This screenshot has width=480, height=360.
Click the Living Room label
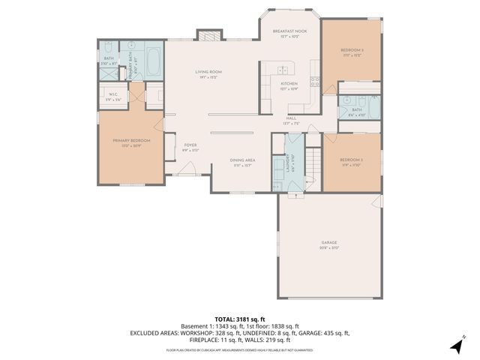(208, 72)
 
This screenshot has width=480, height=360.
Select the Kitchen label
(289, 84)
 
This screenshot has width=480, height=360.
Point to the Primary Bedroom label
(131, 141)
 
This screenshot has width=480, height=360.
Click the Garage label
(329, 243)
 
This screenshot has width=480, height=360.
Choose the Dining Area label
(241, 160)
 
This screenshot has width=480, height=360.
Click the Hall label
(291, 118)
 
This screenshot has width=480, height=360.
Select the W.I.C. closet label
(113, 94)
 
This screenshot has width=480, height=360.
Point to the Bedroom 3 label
(351, 50)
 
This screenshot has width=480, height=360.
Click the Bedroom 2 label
(351, 160)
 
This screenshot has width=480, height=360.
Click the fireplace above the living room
(209, 34)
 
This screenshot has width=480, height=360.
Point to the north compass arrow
(456, 345)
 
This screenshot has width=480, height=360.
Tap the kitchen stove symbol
(316, 82)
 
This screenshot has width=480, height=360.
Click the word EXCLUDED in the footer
(146, 332)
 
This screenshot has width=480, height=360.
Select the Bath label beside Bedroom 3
(356, 110)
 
